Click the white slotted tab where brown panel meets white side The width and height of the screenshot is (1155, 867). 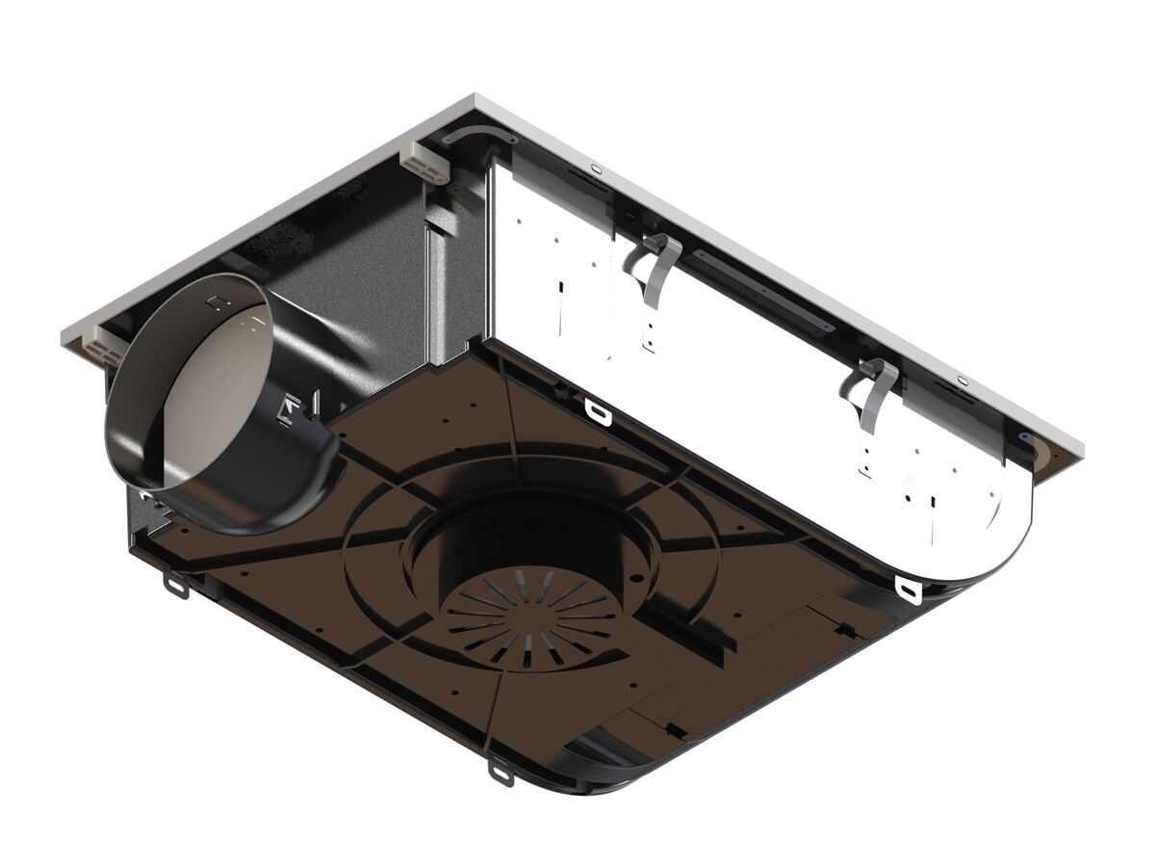click(598, 410)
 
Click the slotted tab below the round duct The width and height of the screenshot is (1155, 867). click(175, 584)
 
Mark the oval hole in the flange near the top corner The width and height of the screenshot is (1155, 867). click(594, 171)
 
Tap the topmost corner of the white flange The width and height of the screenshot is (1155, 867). click(475, 95)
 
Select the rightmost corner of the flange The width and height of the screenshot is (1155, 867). click(1082, 445)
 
